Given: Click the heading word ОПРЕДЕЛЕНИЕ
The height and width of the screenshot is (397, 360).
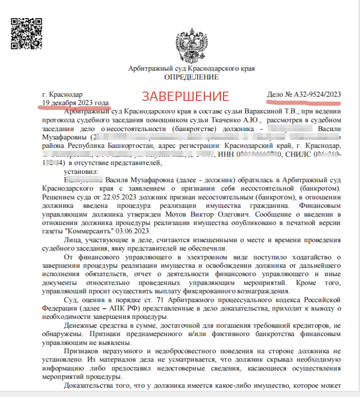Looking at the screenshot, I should (x=191, y=77).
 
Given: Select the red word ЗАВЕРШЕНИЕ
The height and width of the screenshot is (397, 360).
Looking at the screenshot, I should (x=186, y=96).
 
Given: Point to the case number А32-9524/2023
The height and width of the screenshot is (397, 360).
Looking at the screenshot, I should (x=304, y=95).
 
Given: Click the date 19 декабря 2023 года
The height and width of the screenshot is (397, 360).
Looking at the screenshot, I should (x=75, y=103).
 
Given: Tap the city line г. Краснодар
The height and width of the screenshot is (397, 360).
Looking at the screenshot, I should (x=62, y=95).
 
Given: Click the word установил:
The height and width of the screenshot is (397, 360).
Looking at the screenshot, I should (x=82, y=172).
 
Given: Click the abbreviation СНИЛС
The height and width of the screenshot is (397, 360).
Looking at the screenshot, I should (x=298, y=155).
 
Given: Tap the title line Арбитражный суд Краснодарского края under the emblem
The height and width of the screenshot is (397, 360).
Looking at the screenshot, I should (x=191, y=69).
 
